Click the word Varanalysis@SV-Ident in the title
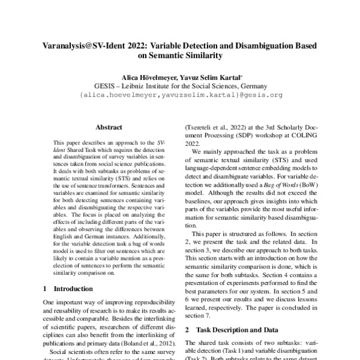pyautogui.click(x=80, y=46)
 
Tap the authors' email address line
pyautogui.click(x=180, y=94)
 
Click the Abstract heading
pyautogui.click(x=109, y=127)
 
